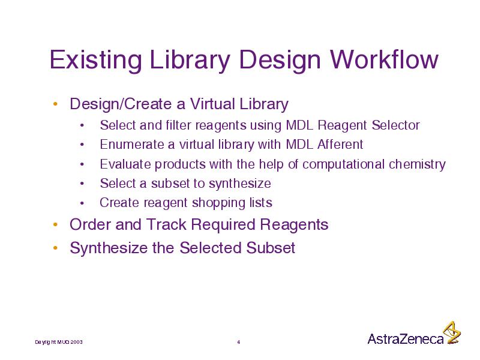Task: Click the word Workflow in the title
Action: tap(384, 59)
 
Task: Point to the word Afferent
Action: tap(340, 144)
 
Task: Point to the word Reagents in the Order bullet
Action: tap(294, 225)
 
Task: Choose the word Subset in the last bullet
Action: tap(271, 247)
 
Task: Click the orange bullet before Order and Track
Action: tap(55, 224)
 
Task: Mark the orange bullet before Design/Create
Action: tap(55, 104)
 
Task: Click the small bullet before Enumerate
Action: tap(82, 145)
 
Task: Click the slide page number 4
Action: tap(239, 342)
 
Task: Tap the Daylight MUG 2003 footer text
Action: tap(59, 342)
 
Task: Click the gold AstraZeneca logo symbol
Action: tap(452, 333)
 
